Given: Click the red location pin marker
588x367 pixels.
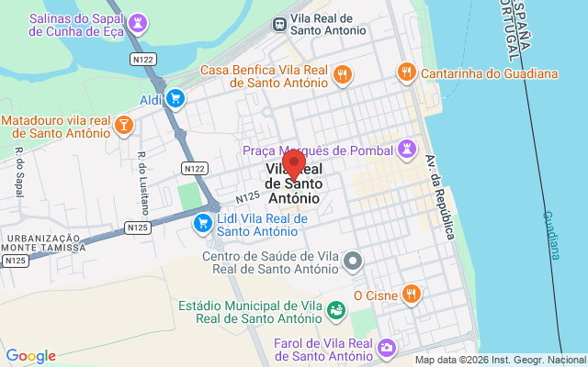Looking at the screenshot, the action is pos(294,162).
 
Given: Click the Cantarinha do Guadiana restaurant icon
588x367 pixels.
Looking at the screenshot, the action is pos(405,72).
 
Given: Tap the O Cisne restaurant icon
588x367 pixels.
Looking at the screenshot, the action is pos(413,295).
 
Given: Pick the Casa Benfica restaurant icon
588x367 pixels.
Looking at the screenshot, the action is pos(342,74).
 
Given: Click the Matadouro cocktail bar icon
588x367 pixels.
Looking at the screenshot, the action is pos(124,126).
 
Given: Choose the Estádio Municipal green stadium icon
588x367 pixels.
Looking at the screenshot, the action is pos(338,311).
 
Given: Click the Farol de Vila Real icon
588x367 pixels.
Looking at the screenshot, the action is pos(387,348).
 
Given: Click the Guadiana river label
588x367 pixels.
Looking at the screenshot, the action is pos(550,235).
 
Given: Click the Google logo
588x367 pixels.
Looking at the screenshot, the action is pos(31,356).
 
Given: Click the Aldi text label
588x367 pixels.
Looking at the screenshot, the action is pos(151,99).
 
